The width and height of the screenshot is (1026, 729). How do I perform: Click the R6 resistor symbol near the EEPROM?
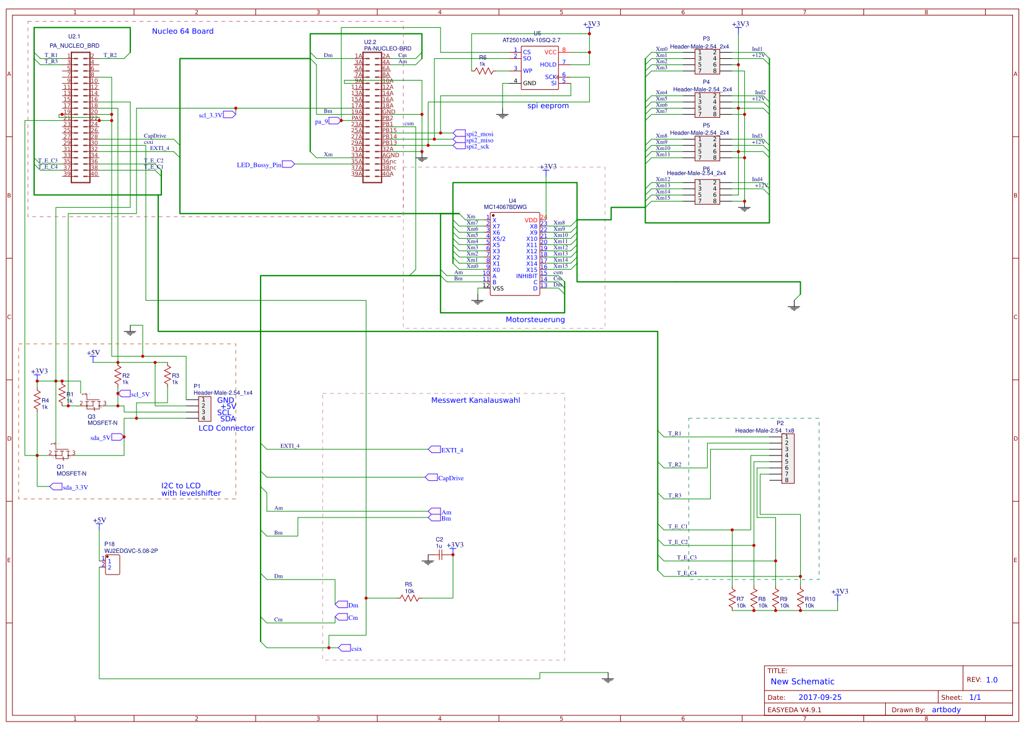pyautogui.click(x=484, y=71)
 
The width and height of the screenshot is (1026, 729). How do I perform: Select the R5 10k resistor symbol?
pyautogui.click(x=409, y=598)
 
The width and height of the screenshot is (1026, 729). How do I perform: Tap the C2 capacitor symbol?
pyautogui.click(x=440, y=555)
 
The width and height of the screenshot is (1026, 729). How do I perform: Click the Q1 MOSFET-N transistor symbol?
pyautogui.click(x=61, y=454)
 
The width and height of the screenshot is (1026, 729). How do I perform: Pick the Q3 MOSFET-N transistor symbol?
pyautogui.click(x=92, y=404)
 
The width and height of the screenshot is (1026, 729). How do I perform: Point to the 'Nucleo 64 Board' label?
pyautogui.click(x=182, y=31)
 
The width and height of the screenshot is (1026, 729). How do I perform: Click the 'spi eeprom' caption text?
pyautogui.click(x=548, y=106)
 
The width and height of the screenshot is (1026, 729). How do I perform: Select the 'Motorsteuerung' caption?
pyautogui.click(x=535, y=320)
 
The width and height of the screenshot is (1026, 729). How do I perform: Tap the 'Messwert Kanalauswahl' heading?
pyautogui.click(x=475, y=400)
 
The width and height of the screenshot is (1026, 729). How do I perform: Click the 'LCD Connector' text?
pyautogui.click(x=226, y=428)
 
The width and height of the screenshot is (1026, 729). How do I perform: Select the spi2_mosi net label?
pyautogui.click(x=479, y=134)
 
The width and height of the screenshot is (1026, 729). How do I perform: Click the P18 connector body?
pyautogui.click(x=112, y=565)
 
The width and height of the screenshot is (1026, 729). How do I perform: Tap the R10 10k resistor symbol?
pyautogui.click(x=801, y=599)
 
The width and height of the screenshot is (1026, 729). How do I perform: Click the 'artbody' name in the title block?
pyautogui.click(x=946, y=710)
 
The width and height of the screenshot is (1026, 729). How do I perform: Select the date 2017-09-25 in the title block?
pyautogui.click(x=819, y=697)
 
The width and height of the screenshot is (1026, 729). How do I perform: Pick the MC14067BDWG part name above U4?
pyautogui.click(x=505, y=207)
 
